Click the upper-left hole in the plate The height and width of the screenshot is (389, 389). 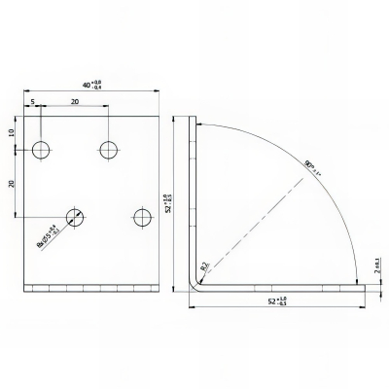[41, 150]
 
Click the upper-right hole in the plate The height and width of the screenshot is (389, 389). [108, 150]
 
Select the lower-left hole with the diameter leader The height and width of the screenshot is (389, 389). [75, 216]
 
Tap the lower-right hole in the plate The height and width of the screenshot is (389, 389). [142, 216]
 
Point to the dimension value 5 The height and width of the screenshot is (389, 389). [32, 101]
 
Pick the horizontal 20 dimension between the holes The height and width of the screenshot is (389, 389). [74, 101]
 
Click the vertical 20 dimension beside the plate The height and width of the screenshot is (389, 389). [12, 183]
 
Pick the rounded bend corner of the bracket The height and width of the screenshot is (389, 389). [194, 285]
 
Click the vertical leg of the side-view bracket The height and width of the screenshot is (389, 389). [192, 194]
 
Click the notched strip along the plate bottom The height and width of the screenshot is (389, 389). [92, 288]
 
